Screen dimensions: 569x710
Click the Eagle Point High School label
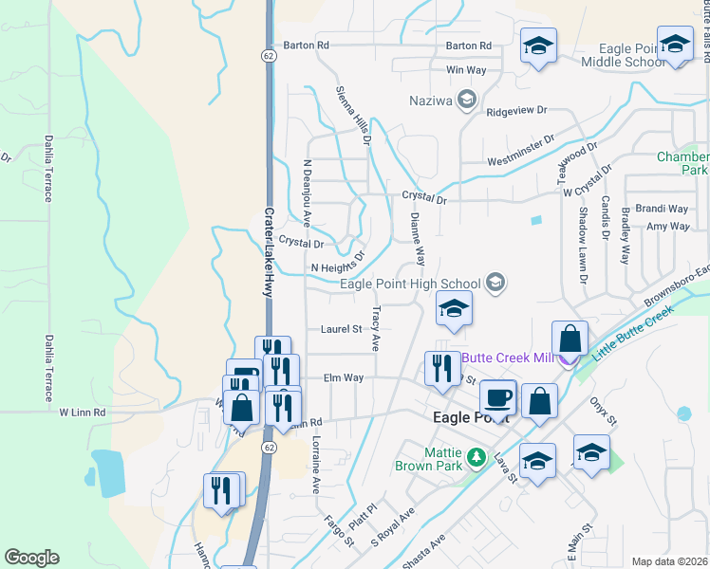click(x=410, y=284)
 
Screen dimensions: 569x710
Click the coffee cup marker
click(x=498, y=397)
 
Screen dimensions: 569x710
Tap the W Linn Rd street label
click(x=83, y=413)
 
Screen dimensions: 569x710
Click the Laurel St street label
click(x=343, y=329)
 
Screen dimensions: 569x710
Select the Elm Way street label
click(x=344, y=377)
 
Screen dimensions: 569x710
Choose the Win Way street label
click(x=465, y=70)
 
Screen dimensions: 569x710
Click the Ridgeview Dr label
click(x=517, y=111)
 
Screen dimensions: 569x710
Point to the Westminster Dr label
click(x=520, y=152)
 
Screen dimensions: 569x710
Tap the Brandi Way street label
click(x=662, y=209)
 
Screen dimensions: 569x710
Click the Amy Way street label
click(x=667, y=227)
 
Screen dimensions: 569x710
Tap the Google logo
click(x=31, y=558)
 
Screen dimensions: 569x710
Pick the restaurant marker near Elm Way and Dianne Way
click(x=441, y=368)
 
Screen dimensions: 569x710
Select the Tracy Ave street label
click(x=377, y=328)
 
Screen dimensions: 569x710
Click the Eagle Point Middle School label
click(x=618, y=55)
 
